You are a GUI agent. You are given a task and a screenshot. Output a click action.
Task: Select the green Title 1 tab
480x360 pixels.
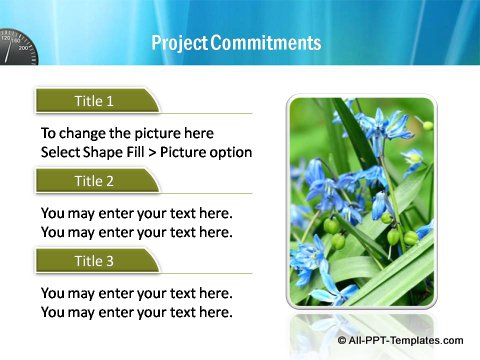(96, 100)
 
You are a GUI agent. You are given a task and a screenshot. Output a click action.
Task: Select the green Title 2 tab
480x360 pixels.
(96, 181)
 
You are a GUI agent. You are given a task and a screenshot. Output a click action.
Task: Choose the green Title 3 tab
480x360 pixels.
(96, 261)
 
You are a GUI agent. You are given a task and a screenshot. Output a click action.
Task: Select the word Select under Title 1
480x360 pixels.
(63, 152)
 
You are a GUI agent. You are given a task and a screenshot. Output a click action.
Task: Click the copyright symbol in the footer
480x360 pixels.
(343, 341)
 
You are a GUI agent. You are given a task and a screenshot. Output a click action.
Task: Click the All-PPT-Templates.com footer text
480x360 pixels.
(407, 341)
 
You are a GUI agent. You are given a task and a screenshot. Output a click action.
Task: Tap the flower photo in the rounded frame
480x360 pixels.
(361, 200)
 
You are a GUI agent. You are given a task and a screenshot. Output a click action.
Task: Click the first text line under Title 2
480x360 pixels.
(136, 213)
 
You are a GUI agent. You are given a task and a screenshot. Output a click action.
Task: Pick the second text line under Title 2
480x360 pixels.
(136, 232)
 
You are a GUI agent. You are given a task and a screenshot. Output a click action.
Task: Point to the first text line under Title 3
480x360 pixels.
(136, 293)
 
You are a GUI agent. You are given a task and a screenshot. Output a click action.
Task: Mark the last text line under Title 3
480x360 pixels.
(136, 312)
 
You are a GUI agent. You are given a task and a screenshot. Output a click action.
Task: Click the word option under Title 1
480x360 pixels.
(231, 152)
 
